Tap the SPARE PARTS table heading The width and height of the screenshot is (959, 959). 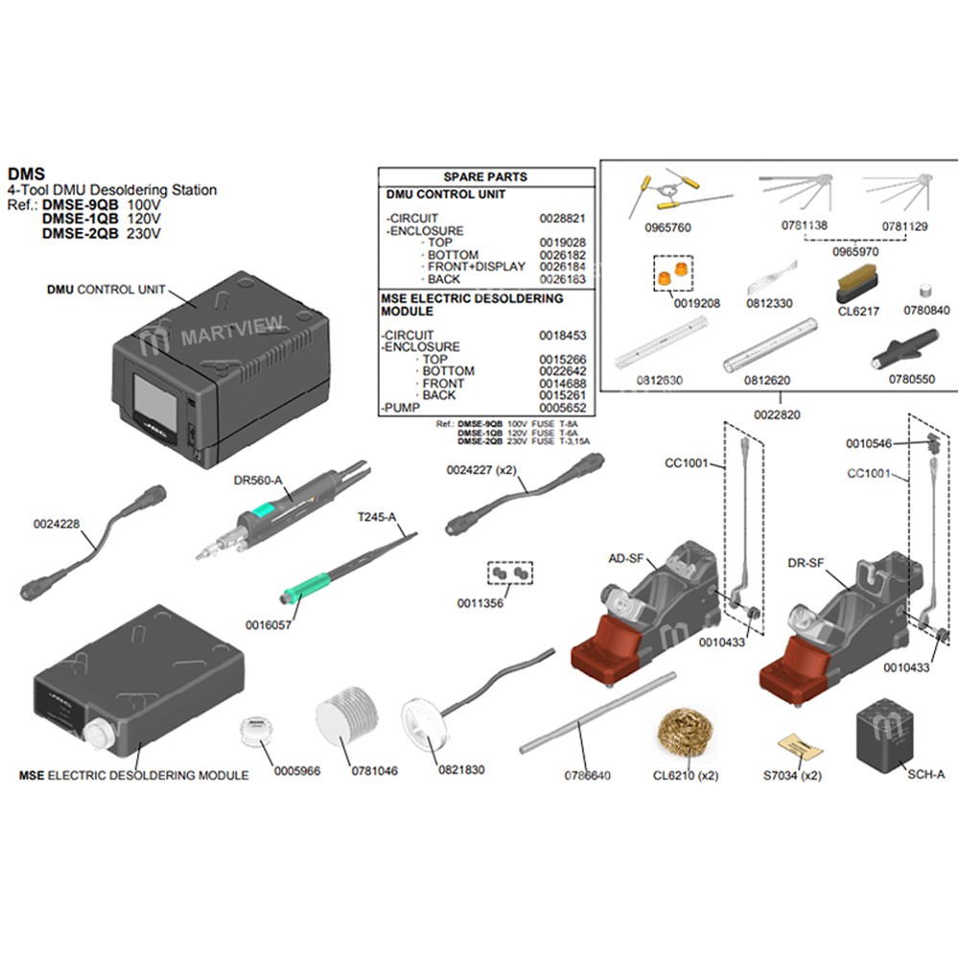485,177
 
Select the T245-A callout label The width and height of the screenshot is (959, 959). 377,517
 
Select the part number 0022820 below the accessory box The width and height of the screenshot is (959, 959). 778,414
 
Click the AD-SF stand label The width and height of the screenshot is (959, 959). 625,558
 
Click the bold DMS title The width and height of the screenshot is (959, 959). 26,175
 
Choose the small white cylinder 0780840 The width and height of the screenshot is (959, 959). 926,288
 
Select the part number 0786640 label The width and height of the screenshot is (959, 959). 586,775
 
